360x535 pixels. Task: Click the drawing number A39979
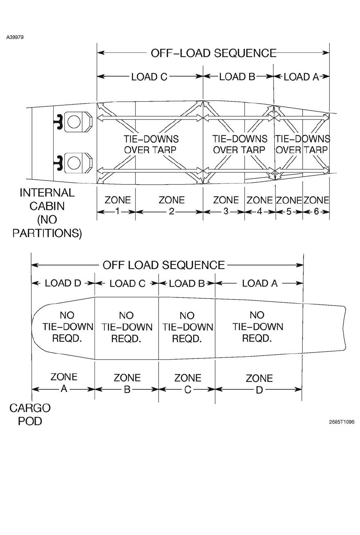point(15,37)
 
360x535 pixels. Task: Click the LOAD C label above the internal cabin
point(149,77)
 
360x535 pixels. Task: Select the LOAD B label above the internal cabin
point(237,77)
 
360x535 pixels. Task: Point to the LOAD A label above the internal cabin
point(301,77)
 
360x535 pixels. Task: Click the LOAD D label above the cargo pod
point(63,283)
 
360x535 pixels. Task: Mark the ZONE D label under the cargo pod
point(259,383)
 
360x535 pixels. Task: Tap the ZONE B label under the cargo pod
point(127,383)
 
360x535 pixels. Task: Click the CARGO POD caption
point(30,414)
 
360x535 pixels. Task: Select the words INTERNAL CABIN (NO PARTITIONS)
point(47,213)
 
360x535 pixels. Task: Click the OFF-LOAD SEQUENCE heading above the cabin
point(213,53)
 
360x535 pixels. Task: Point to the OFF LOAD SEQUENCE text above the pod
point(163,265)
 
